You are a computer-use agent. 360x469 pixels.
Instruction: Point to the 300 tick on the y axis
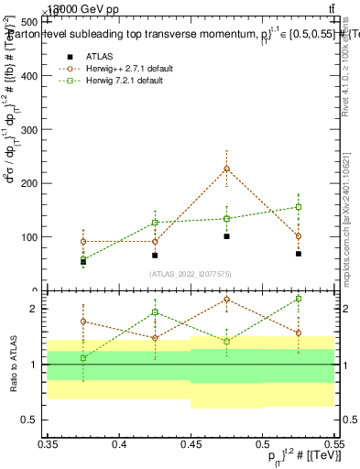pos(35,129)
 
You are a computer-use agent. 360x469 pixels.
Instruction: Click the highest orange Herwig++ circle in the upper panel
pos(226,169)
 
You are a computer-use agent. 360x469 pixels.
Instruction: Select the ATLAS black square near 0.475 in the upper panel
pos(226,236)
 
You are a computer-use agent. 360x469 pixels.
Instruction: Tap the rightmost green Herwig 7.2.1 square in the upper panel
pos(299,207)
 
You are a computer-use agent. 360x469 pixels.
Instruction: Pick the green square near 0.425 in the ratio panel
pos(155,312)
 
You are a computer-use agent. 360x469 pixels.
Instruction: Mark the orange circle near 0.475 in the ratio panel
pos(226,300)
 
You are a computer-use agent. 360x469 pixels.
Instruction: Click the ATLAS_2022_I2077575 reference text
pos(191,274)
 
